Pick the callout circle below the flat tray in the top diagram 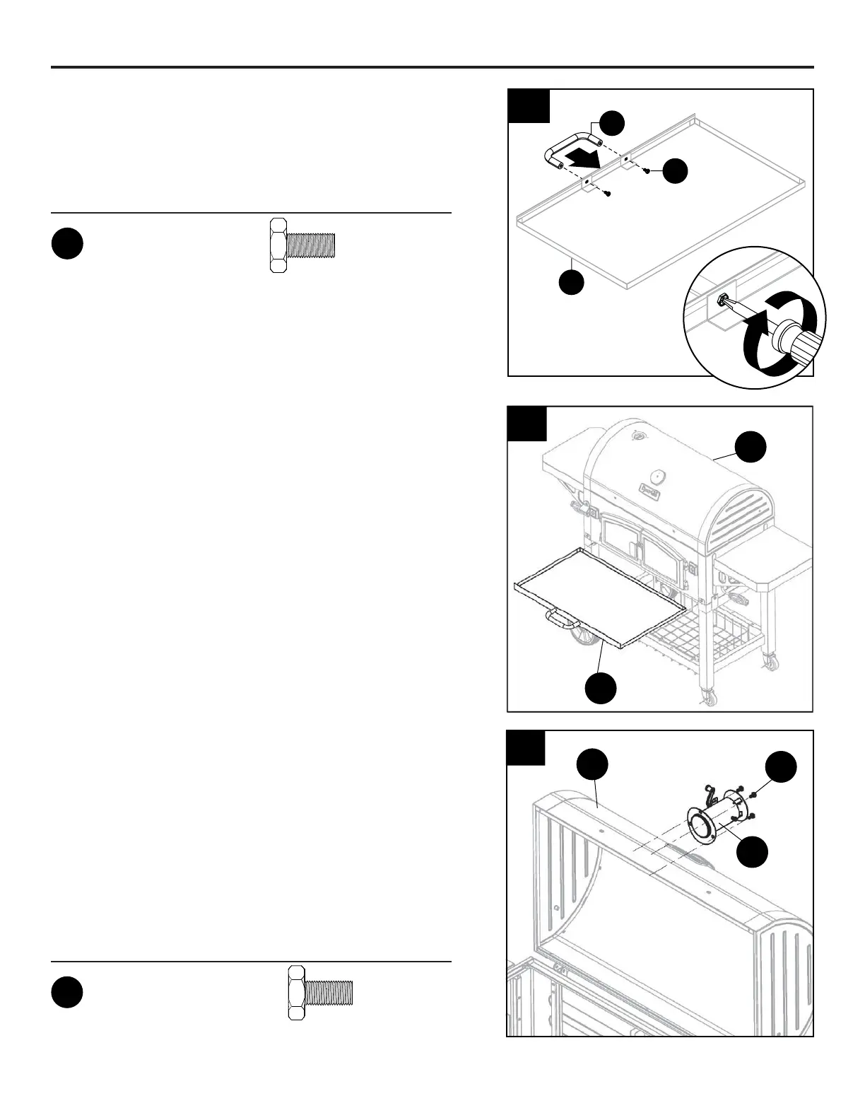(x=572, y=282)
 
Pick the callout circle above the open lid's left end (x=592, y=766)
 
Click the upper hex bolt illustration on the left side (x=302, y=245)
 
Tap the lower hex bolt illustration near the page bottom (x=320, y=993)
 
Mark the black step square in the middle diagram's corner (x=527, y=423)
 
